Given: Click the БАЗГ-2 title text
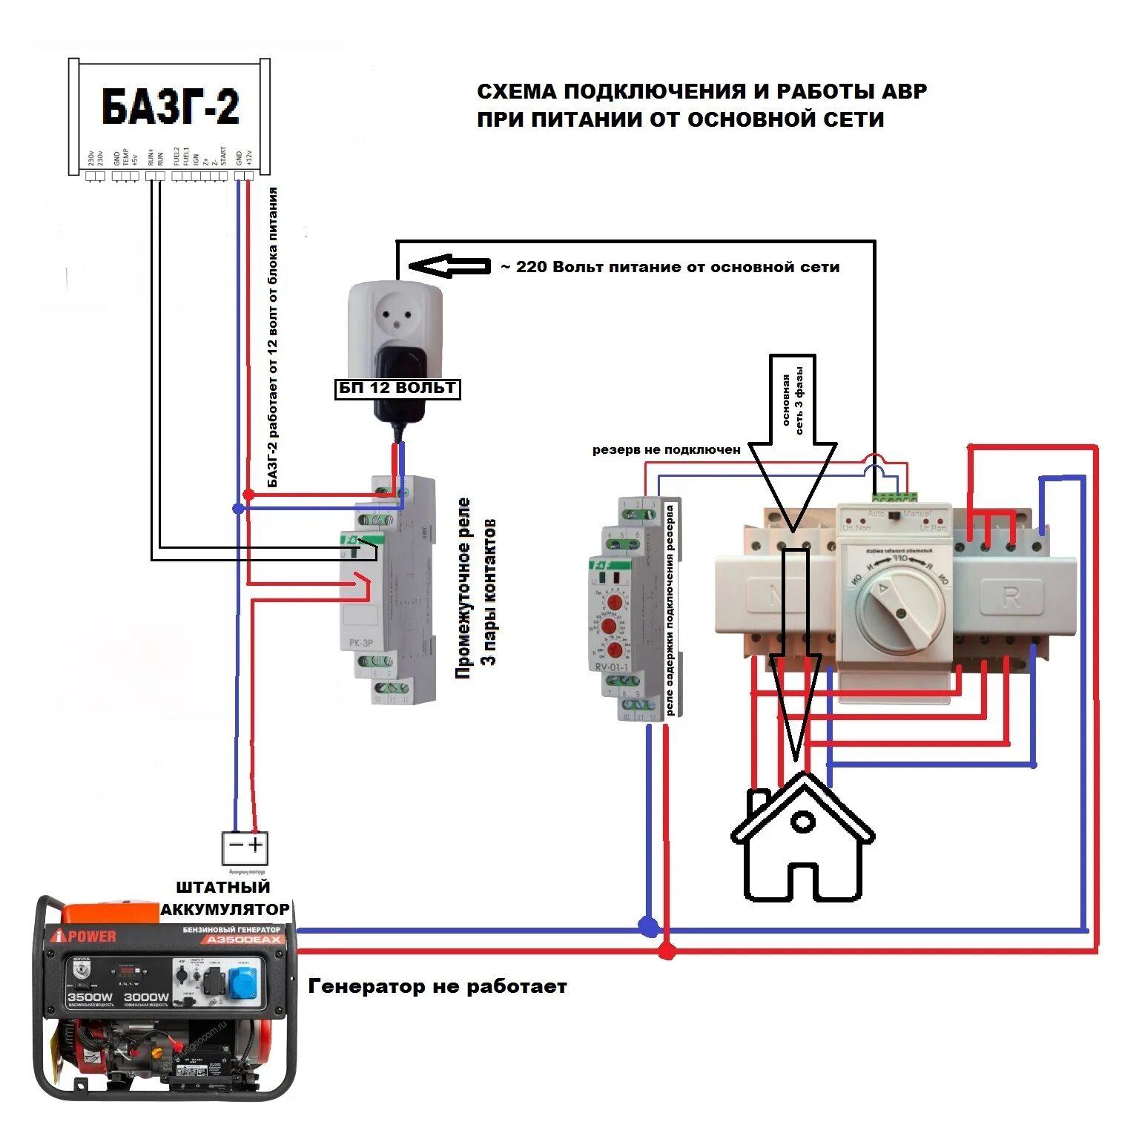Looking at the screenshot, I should pos(171,107).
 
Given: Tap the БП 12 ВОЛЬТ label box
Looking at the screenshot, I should pos(397,389).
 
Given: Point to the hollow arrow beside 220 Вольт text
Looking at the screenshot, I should pos(449,266).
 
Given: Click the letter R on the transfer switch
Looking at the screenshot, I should pos(1011,597).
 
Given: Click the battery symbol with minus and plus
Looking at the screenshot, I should pos(245,846).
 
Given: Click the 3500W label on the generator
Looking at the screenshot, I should pos(90,997).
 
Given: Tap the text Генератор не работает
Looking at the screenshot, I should pos(438,986).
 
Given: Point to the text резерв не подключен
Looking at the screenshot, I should pos(666,450).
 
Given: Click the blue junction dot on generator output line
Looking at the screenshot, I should pos(649,926).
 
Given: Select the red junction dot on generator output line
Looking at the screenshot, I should pos(667,950).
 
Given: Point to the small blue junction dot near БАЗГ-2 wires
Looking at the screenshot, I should pos(238,509).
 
